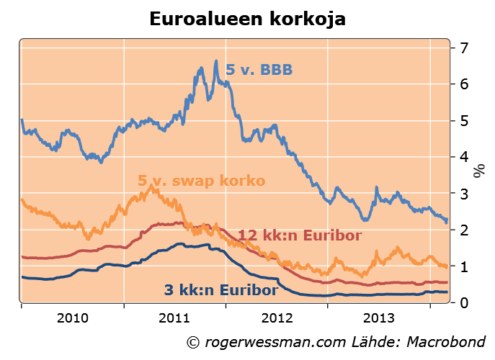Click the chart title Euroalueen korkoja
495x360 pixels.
(247, 19)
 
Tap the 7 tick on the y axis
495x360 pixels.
(465, 48)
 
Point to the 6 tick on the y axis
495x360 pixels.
(465, 84)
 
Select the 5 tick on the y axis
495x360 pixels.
(465, 121)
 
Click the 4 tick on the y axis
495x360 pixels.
(465, 157)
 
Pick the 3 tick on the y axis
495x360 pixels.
(465, 194)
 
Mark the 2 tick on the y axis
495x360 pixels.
(465, 230)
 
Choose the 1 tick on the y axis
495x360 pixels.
(465, 266)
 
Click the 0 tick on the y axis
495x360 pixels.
(465, 302)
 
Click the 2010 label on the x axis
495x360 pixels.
(72, 318)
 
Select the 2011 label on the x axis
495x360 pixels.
(174, 318)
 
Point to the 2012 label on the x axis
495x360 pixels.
(276, 318)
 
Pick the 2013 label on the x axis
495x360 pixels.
(378, 318)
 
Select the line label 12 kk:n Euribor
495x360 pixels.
(300, 235)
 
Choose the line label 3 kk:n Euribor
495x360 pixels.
(220, 290)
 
